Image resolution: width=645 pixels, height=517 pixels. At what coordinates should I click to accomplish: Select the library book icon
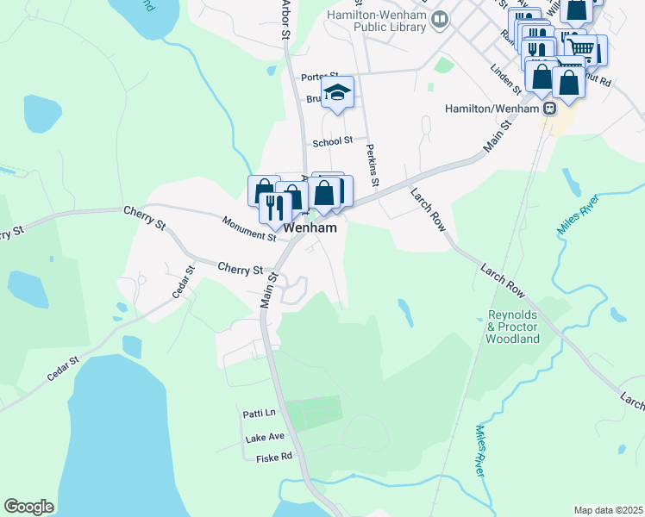pyautogui.click(x=441, y=18)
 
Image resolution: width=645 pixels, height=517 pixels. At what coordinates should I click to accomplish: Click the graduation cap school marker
pyautogui.click(x=338, y=93)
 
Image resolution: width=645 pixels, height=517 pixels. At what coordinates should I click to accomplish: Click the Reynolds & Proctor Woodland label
pyautogui.click(x=513, y=327)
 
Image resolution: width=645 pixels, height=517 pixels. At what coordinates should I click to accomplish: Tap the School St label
pyautogui.click(x=333, y=141)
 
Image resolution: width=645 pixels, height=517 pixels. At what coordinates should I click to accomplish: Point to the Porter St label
pyautogui.click(x=319, y=78)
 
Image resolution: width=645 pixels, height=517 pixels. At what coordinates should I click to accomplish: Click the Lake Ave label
pyautogui.click(x=264, y=437)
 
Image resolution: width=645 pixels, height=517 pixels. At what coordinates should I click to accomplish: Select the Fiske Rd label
pyautogui.click(x=274, y=458)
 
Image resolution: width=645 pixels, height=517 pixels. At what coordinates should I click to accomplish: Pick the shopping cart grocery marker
pyautogui.click(x=583, y=49)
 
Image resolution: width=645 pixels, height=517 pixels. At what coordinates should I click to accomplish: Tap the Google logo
pyautogui.click(x=28, y=506)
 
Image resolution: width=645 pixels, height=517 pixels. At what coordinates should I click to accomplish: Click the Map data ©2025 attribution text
pyautogui.click(x=608, y=510)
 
